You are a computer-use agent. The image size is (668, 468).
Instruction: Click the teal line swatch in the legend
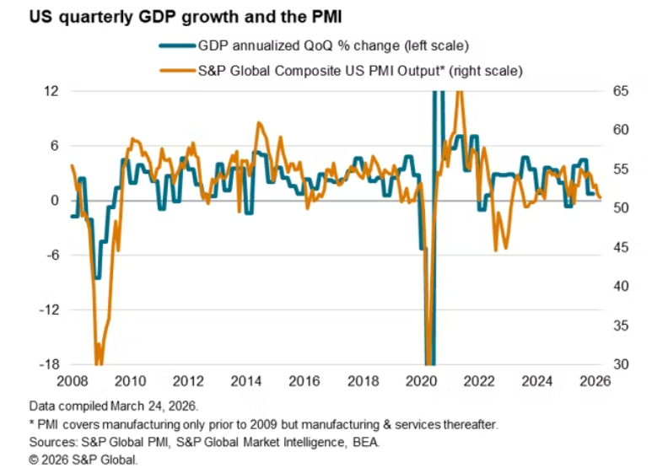(175, 47)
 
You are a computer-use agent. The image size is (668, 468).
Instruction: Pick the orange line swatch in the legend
(175, 72)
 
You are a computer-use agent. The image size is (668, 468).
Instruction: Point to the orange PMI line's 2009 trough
(99, 363)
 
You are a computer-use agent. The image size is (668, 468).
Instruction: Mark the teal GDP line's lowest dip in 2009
(97, 277)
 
